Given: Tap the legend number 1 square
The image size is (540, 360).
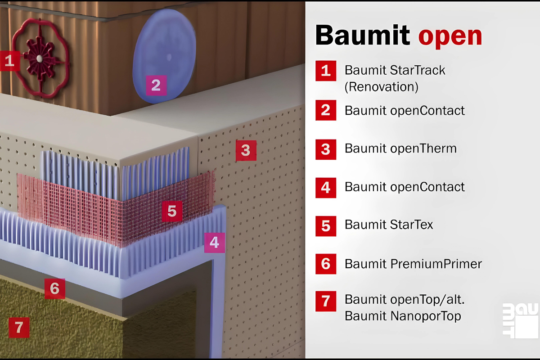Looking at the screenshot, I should point(326,71).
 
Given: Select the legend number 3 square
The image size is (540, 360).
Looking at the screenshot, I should point(326,149).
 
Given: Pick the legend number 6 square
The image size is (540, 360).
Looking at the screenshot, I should point(326,264).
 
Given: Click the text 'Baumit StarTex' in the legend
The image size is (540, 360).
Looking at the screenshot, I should point(389,225).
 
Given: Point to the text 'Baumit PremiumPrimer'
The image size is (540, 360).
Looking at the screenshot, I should point(413,264).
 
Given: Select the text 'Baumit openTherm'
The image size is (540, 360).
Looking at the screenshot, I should point(400,148).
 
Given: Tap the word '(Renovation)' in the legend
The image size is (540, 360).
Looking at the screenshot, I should point(382,86).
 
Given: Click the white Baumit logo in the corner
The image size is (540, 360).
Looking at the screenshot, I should point(521,321).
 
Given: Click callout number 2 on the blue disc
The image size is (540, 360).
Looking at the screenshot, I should point(156,85).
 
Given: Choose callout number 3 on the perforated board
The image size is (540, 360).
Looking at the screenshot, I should point(246,150).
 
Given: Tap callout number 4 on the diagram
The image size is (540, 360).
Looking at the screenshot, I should point(214,243).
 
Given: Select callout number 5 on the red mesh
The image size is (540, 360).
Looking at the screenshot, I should point(172,211).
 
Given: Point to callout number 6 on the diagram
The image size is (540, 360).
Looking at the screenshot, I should point(54,288).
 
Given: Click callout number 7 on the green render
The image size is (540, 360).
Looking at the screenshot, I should point(19,327).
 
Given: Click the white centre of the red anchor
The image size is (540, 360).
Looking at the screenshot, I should point(40,58).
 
